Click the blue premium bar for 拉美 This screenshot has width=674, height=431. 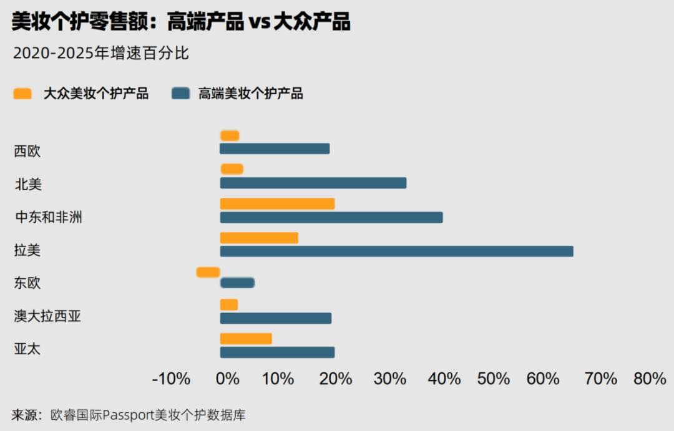pos(396,251)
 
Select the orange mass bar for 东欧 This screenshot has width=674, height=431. pos(208,272)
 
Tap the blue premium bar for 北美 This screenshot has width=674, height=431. pos(313,183)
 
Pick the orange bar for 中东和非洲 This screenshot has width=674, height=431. pos(277,204)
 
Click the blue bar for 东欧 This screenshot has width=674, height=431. pos(237,283)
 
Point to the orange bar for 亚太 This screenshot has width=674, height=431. pos(246,339)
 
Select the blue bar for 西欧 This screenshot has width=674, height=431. pos(275,148)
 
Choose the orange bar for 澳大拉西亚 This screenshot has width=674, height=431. pos(229,304)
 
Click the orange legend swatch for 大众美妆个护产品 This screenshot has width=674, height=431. pos(22,94)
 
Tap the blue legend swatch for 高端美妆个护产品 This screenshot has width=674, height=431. pos(180,94)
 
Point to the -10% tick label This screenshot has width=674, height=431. pos(171,379)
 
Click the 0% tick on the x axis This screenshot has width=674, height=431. pos(228,379)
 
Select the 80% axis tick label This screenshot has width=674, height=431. pos(650,379)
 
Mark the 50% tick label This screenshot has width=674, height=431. pos(493,379)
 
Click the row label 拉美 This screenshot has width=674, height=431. pos(27,251)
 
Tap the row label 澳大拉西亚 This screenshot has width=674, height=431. pos(47,316)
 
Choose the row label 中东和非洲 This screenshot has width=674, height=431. pos(49,218)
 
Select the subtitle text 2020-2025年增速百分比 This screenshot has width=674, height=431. pos(100,53)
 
